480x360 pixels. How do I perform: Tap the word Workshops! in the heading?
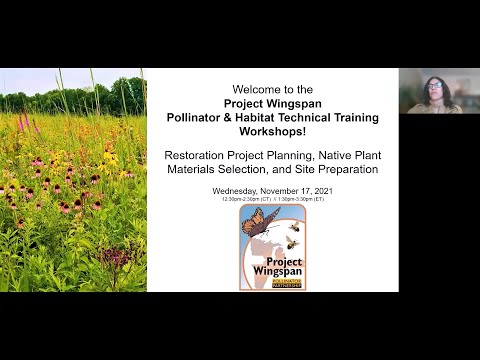pyautogui.click(x=272, y=132)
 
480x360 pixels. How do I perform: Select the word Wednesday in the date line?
pyautogui.click(x=235, y=190)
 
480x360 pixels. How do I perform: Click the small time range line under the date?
pyautogui.click(x=272, y=199)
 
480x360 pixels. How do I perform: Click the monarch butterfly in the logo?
pyautogui.click(x=259, y=223)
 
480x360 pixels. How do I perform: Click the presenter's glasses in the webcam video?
pyautogui.click(x=437, y=87)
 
